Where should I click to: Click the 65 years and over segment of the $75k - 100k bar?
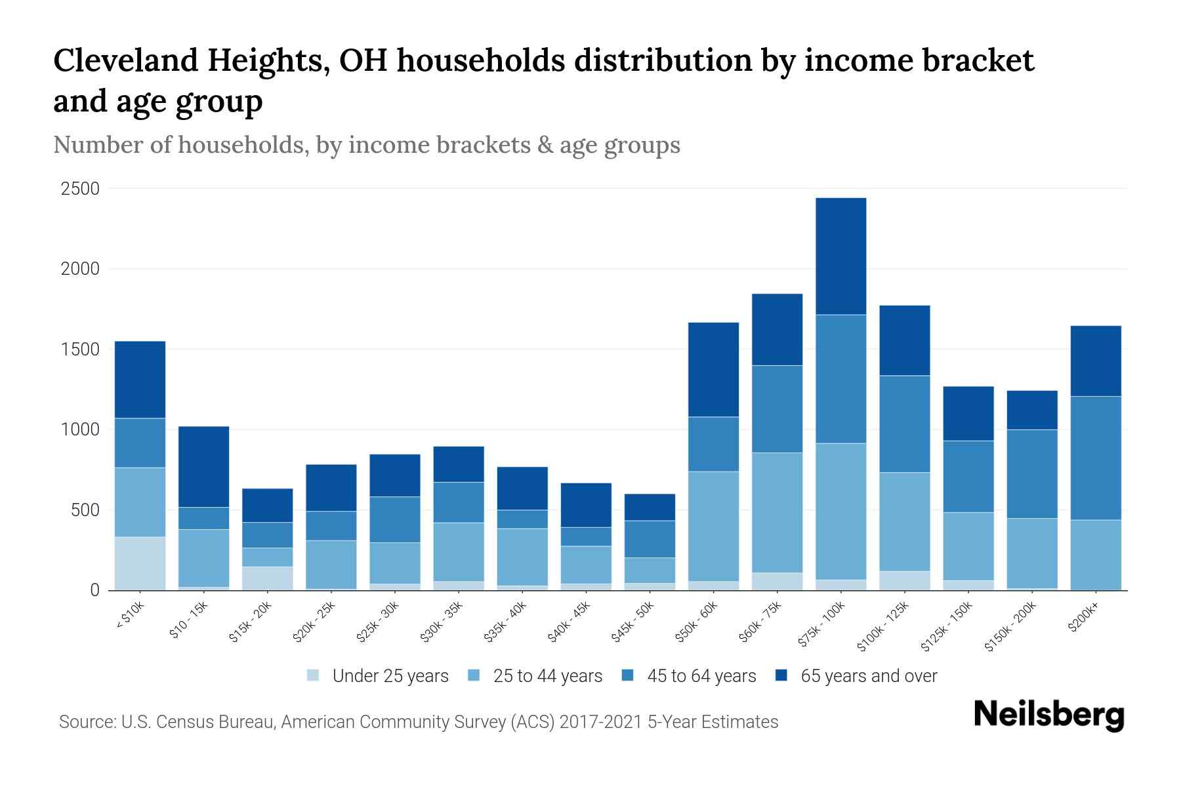[x=840, y=256]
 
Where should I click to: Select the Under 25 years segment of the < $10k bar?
[x=140, y=563]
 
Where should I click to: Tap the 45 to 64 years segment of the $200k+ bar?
[x=1095, y=458]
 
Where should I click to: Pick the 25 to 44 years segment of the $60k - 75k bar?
[x=777, y=512]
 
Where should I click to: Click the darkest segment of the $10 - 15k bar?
[x=203, y=466]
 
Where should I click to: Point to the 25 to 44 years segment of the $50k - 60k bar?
[x=713, y=526]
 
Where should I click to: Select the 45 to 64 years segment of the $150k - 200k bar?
[x=1031, y=474]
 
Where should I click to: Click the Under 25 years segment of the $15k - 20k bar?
[x=267, y=578]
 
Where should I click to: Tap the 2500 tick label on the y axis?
[x=80, y=189]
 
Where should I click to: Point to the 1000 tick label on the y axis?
[x=80, y=430]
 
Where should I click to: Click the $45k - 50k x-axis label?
[x=634, y=622]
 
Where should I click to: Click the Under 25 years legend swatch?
[x=314, y=675]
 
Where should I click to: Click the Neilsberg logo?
[x=1048, y=715]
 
